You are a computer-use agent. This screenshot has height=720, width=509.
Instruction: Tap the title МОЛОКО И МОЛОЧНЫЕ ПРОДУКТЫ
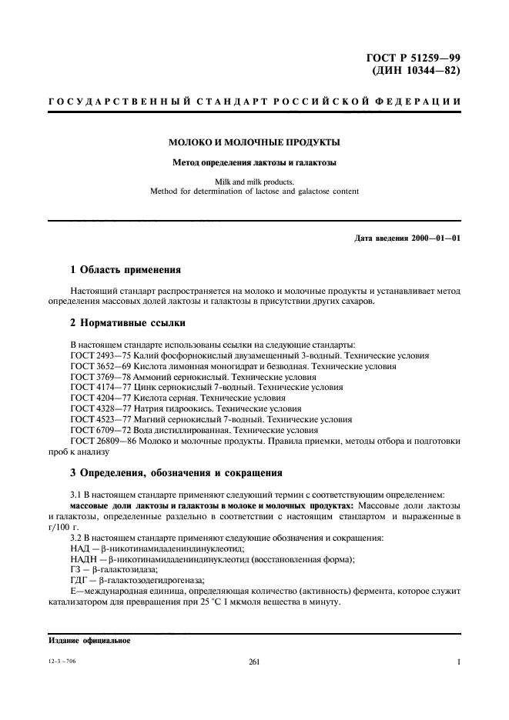click(255, 142)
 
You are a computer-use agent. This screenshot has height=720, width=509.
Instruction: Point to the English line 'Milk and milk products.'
click(254, 182)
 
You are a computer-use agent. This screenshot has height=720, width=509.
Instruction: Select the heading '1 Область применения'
click(126, 270)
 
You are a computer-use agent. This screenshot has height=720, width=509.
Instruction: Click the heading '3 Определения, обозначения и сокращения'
click(176, 472)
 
